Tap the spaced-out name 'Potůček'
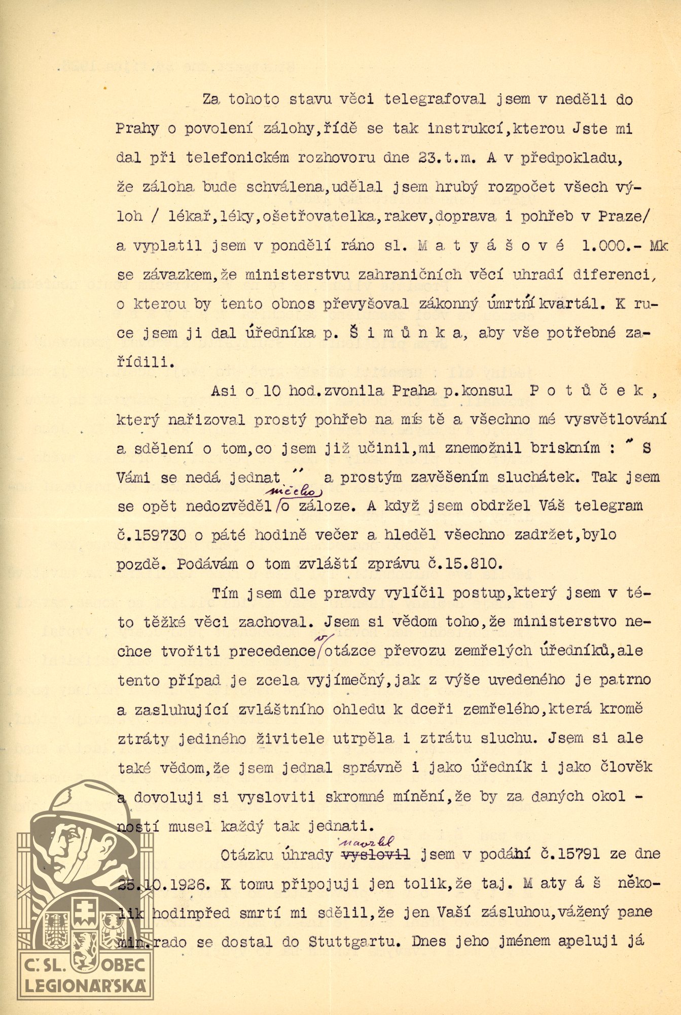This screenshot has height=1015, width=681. [587, 391]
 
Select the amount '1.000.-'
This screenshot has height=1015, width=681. [607, 246]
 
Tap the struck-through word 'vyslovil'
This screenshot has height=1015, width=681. [376, 855]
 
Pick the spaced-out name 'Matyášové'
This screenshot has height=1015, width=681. [491, 246]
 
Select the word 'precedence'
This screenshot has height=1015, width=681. [271, 651]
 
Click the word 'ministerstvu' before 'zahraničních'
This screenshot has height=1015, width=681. [298, 275]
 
